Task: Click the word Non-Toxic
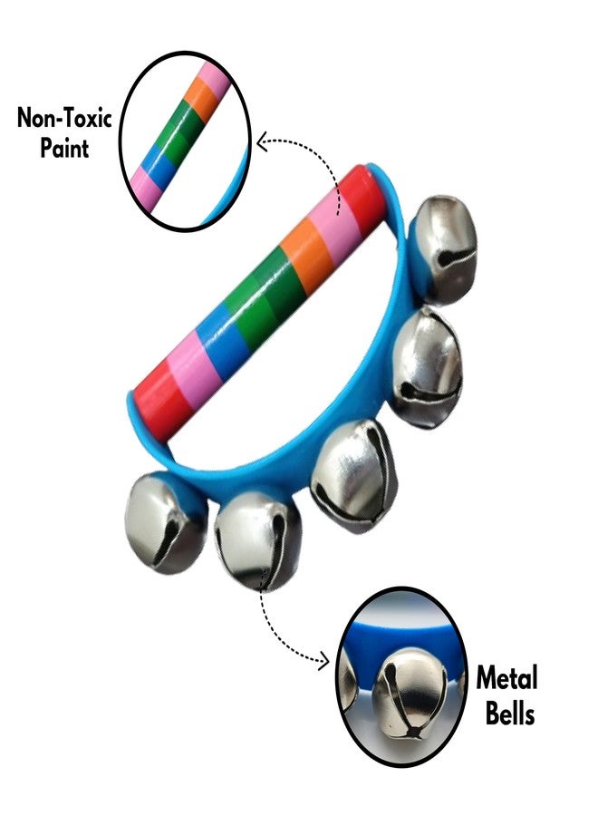[x=64, y=118]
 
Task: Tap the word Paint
[x=65, y=148]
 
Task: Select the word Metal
[x=507, y=678]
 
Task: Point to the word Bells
[x=510, y=713]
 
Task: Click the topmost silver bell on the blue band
[x=445, y=248]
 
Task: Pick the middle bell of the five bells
[x=353, y=476]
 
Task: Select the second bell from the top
[x=427, y=367]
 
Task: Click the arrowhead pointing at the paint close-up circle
[x=263, y=141]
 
